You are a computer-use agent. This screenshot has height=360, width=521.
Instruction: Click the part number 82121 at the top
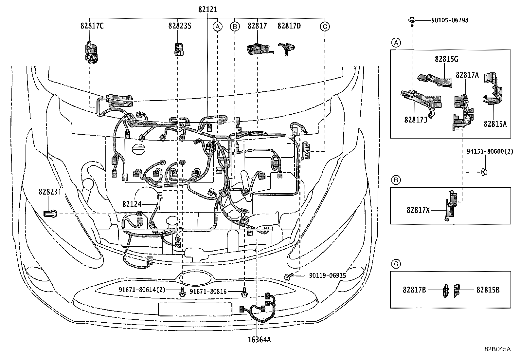pos(207,10)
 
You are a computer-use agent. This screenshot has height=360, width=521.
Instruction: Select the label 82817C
pos(92,26)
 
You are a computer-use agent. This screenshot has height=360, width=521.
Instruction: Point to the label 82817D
pos(289,26)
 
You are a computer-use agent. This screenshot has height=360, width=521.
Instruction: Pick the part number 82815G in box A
pos(446,59)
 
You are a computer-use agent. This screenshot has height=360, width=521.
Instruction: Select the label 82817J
pos(415,120)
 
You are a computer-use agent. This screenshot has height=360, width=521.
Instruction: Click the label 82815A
pos(495,124)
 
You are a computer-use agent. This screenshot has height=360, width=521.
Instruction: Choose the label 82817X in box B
pos(418,210)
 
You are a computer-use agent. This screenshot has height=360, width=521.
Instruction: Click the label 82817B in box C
pos(414,290)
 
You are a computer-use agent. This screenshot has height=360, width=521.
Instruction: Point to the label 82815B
pos(488,290)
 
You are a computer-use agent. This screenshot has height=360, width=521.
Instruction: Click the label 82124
pos(132,204)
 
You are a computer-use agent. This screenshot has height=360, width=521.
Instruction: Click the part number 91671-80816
pos(208,291)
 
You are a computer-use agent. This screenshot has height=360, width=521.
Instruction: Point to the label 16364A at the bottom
pos(259,340)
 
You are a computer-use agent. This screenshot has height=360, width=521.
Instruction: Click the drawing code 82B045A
pos(497,349)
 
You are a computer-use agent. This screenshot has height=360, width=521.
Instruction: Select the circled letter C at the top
pos(324,26)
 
